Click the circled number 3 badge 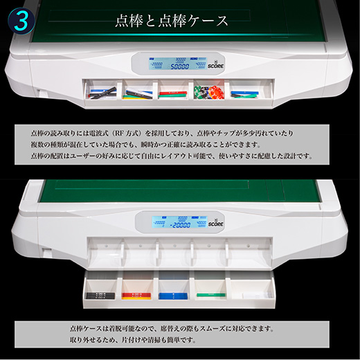click(21, 20)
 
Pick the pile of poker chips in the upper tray click(208, 92)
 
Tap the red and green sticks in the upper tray click(173, 91)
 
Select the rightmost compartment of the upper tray click(246, 91)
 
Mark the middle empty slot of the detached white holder click(173, 254)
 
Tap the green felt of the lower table click(180, 195)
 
